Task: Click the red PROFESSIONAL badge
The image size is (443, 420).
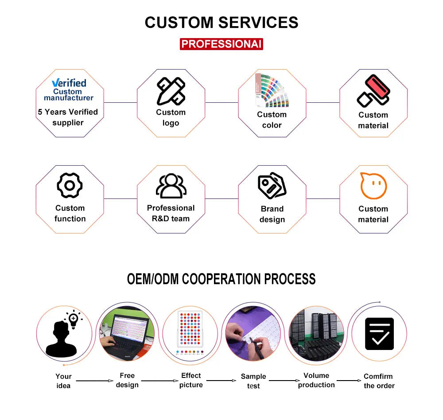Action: (x=221, y=44)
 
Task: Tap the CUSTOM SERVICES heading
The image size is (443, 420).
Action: (x=221, y=22)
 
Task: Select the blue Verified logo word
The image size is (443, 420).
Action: (x=69, y=83)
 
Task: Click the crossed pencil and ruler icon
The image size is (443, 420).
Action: (x=171, y=91)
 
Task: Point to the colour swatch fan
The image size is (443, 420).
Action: (x=272, y=90)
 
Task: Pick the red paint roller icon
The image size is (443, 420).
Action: (x=373, y=91)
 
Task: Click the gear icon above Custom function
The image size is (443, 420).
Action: (x=70, y=185)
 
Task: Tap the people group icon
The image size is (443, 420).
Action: (x=171, y=186)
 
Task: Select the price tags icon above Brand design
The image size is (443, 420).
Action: (x=272, y=185)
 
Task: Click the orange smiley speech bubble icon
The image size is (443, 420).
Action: (x=373, y=186)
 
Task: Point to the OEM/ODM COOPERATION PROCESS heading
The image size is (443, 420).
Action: (x=221, y=279)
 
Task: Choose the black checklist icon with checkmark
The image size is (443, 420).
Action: (x=379, y=334)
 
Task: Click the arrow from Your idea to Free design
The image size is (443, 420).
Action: (x=95, y=381)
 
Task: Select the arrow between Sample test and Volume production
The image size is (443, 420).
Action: (x=284, y=381)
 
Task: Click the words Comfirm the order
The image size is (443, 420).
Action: (x=379, y=381)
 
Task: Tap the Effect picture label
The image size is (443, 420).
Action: (x=191, y=380)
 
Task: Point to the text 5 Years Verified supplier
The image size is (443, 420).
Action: (x=68, y=117)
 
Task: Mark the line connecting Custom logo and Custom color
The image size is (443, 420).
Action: (x=221, y=103)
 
